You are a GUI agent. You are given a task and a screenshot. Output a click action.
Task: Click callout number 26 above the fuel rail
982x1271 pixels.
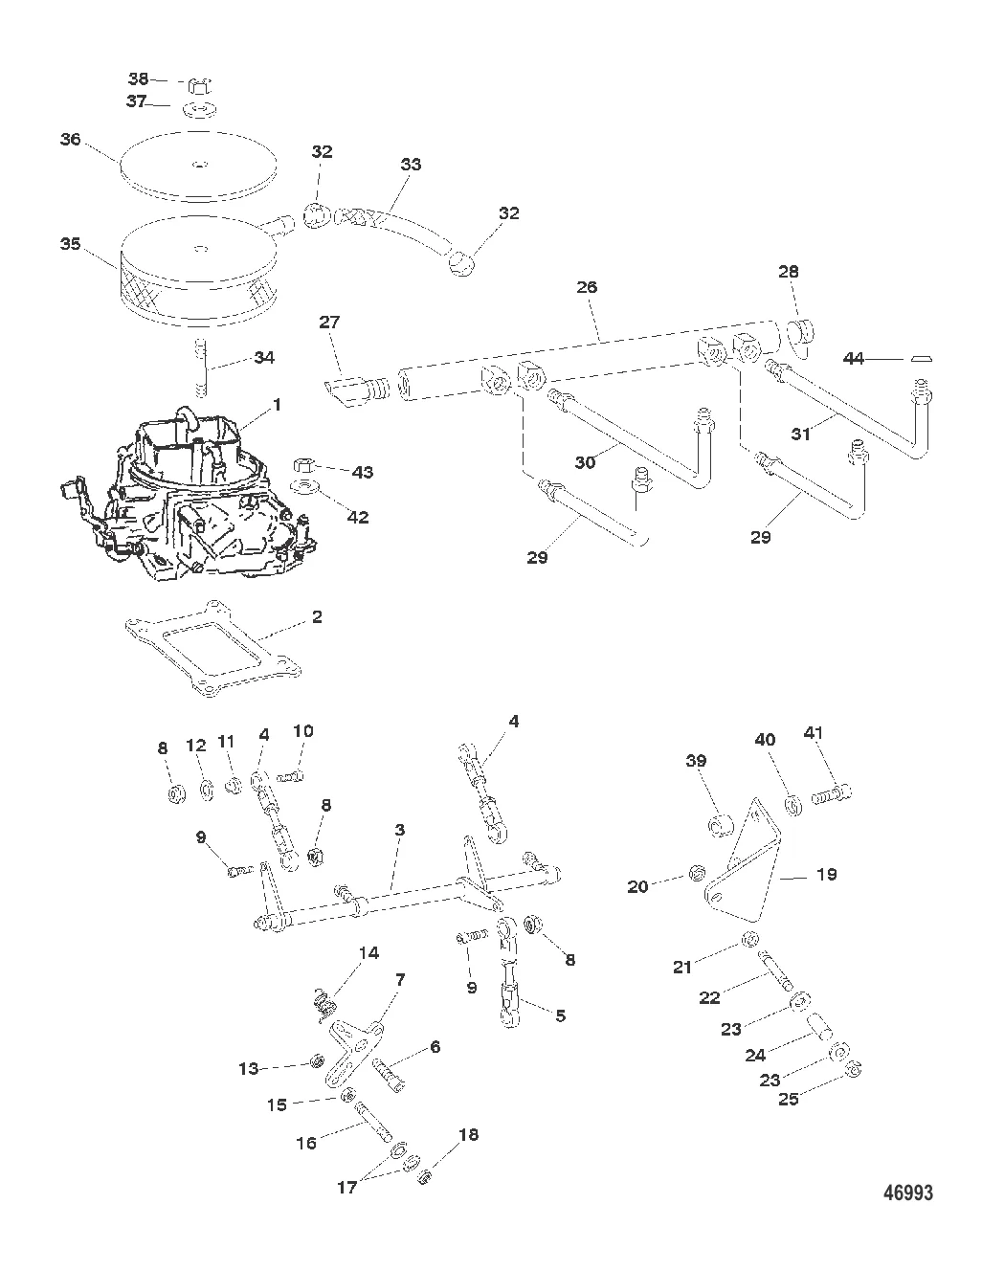[x=587, y=286]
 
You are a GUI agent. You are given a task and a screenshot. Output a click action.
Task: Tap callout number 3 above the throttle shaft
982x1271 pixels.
[x=399, y=829]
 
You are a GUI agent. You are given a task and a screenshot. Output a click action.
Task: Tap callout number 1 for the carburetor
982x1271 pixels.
[x=277, y=405]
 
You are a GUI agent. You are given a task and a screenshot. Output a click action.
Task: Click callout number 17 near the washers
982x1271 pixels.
[x=346, y=1187]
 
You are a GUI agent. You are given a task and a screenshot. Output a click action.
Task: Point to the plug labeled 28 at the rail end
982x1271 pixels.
[x=800, y=334]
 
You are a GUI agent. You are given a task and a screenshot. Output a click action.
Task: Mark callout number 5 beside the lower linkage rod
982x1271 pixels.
[x=560, y=1015]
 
